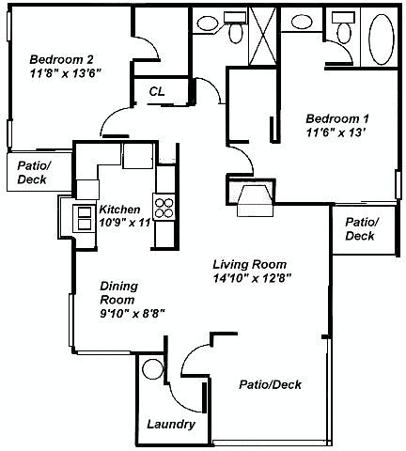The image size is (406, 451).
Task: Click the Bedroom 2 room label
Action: pos(61,59)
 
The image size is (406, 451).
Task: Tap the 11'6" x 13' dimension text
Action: pos(336,132)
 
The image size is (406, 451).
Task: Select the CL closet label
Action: pos(157,91)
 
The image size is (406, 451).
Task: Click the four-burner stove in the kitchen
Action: pos(164,208)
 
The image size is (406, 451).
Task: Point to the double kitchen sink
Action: pos(84,218)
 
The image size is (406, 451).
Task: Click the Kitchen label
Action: pos(119,209)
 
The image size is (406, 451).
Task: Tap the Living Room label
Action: pos(250,264)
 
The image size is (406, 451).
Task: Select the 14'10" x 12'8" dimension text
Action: pos(253,278)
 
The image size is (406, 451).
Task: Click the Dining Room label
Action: pos(118,293)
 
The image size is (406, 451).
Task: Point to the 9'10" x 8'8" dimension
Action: pos(133,313)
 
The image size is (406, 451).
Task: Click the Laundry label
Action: pos(171,425)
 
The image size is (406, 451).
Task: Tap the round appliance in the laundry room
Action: pos(152,368)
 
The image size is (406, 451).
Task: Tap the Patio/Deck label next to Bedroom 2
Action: pos(34,173)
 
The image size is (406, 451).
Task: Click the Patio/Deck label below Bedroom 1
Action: pos(363,229)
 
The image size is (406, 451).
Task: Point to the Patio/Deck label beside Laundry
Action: pos(271,384)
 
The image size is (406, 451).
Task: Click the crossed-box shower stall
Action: pos(262,35)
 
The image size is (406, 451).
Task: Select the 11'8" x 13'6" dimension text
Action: pos(67,73)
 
